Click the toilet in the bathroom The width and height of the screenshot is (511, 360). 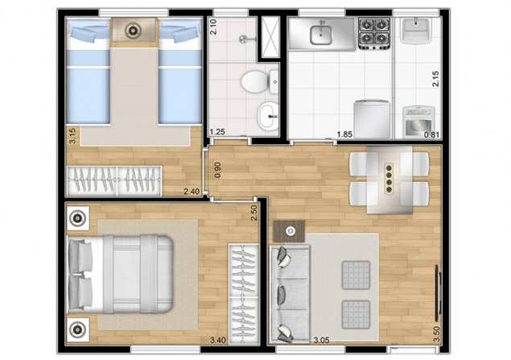pos(260,81)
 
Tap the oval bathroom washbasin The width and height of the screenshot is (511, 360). pos(268,116)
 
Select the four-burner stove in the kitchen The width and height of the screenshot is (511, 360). pos(374,34)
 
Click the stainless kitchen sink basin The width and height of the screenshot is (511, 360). pos(321,35)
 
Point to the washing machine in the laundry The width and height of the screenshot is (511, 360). pos(418,121)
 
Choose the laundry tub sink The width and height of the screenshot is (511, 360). pos(416,31)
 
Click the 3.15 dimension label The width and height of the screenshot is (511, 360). pos(72,135)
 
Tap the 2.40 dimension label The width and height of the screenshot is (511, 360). pos(192,192)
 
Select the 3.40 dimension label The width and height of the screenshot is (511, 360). pos(218,340)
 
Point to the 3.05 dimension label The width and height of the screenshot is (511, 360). pos(321,340)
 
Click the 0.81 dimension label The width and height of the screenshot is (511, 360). pos(431,134)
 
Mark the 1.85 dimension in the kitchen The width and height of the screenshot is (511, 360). pos(344,134)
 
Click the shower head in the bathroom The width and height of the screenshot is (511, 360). pos(244,39)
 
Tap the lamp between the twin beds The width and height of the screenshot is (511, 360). pos(133,31)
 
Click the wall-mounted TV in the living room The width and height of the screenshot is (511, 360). pos(438,293)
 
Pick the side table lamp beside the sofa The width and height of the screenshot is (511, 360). pos(290,231)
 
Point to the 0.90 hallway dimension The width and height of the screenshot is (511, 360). pos(217,170)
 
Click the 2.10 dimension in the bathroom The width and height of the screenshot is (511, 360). pos(213,27)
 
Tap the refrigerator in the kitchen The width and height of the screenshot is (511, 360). pos(372,119)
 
